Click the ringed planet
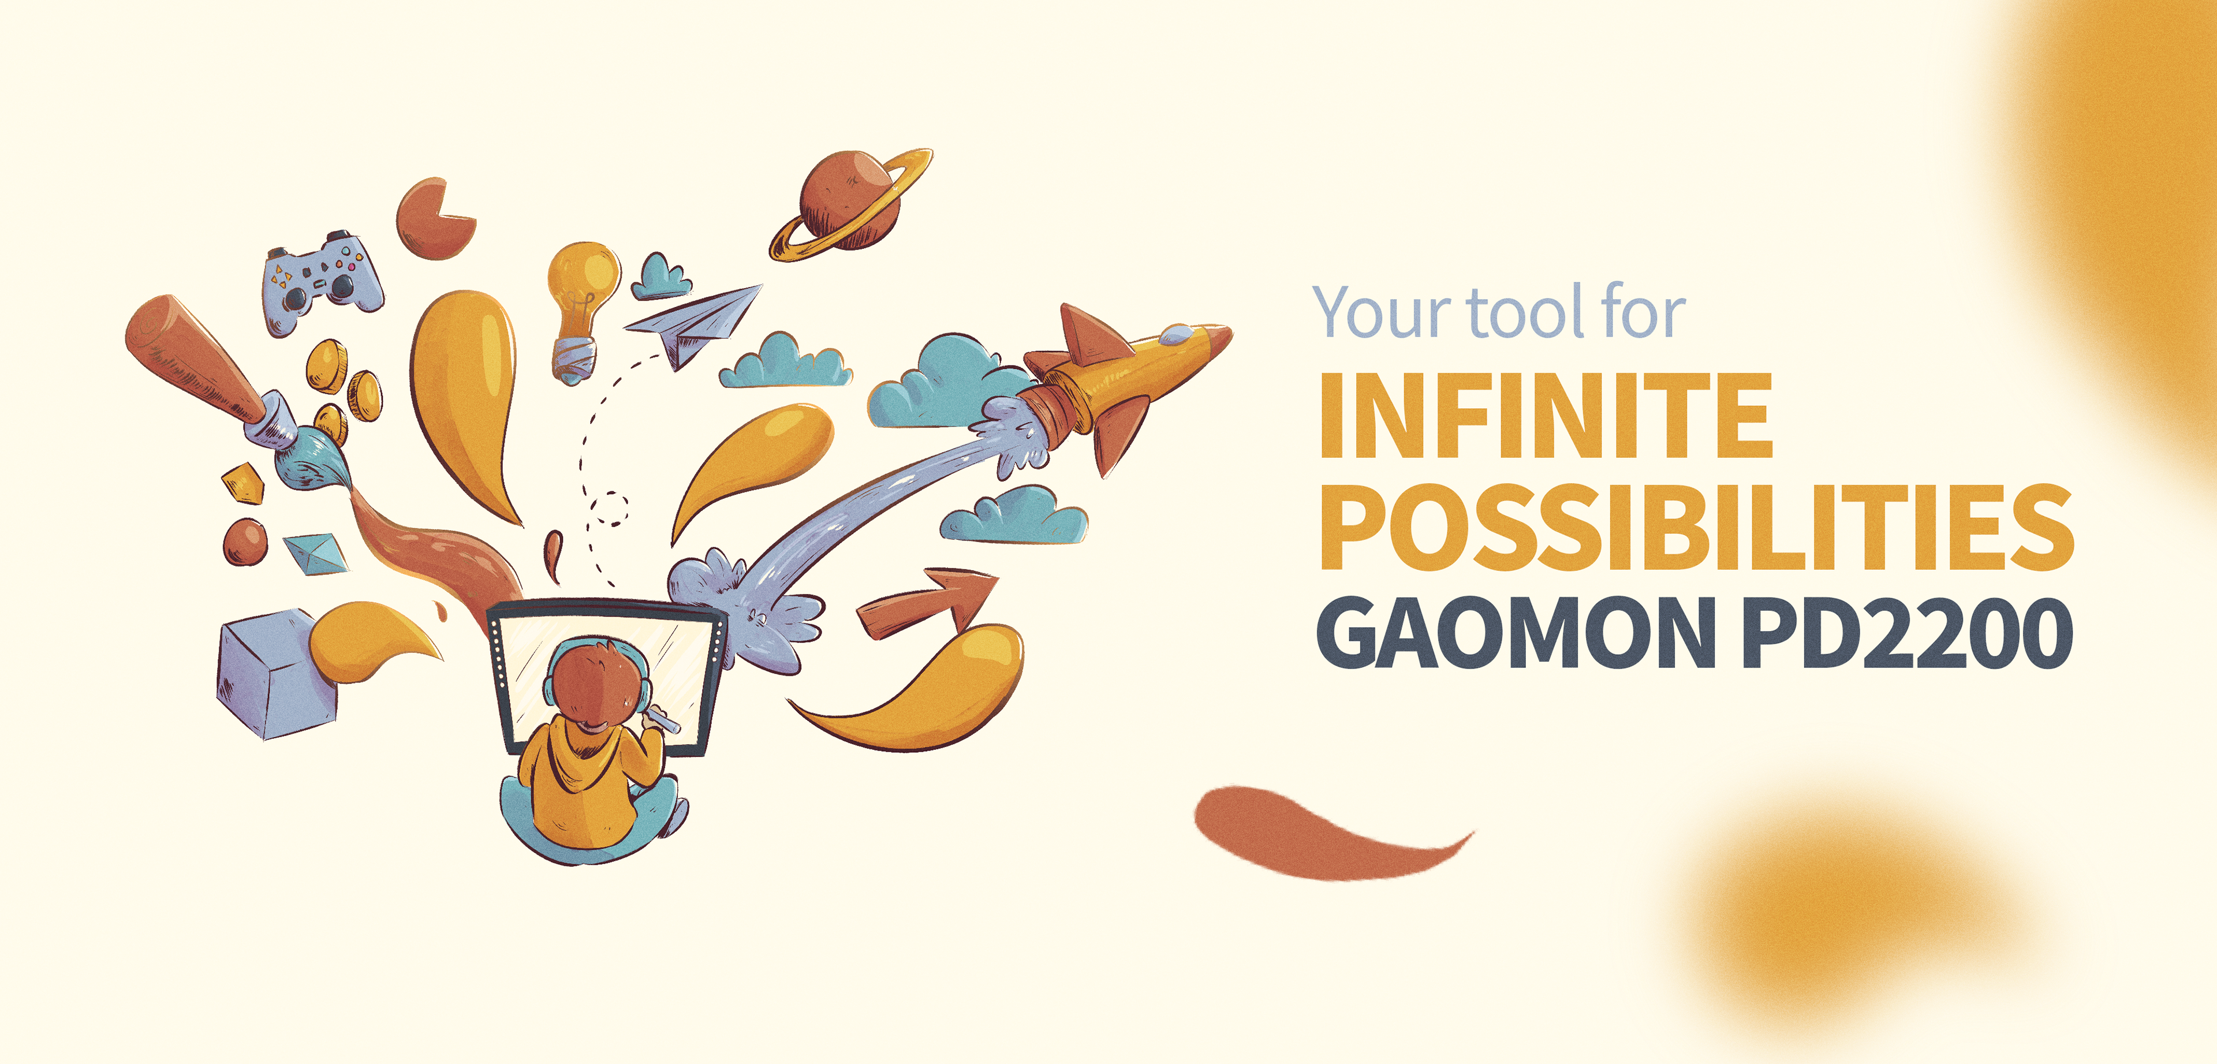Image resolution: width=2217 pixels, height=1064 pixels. point(850,204)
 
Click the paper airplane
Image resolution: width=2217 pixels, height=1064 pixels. point(693,324)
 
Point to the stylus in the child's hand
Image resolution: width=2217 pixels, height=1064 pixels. point(663,719)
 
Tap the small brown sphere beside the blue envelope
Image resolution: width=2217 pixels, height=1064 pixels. point(245,542)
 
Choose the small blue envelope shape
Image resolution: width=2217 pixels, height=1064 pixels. point(316,554)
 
